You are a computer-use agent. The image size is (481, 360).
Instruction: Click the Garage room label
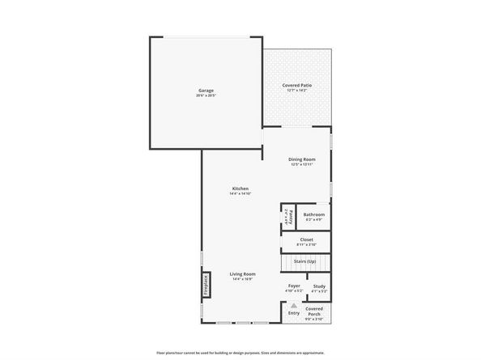coord(206,91)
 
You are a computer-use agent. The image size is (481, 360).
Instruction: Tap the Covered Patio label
coord(298,85)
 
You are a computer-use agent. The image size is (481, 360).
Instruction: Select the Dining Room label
coord(303,159)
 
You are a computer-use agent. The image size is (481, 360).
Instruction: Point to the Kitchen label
coord(240,188)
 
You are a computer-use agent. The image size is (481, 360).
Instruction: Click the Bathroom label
coord(314,214)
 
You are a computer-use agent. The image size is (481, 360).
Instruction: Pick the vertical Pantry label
coord(288,217)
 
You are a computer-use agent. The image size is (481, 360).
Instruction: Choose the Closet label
coord(306,239)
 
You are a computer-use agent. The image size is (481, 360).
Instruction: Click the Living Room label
coord(242,274)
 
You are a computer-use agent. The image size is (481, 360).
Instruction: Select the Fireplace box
coord(206,284)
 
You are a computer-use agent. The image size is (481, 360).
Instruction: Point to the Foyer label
coord(294,286)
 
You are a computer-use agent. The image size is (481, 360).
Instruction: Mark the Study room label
coord(319,286)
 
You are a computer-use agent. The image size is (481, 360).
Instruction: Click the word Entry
coord(293,312)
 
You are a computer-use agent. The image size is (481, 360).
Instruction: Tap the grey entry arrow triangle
coord(293,305)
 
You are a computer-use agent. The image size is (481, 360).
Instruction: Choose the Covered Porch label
coord(313,311)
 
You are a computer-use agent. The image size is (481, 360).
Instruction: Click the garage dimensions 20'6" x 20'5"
coord(206,96)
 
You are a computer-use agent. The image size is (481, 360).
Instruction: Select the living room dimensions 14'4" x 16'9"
coord(242,280)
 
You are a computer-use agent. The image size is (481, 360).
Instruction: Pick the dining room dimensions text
coord(303,165)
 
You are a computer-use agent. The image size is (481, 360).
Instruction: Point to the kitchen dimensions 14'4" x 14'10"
coord(240,194)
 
